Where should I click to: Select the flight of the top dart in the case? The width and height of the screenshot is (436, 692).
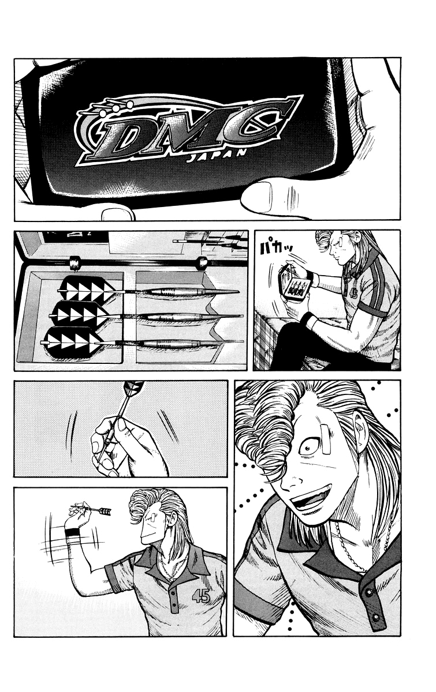(x=88, y=289)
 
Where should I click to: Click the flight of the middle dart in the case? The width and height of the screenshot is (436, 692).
(x=79, y=314)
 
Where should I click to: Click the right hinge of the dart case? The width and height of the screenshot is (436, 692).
(x=203, y=262)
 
